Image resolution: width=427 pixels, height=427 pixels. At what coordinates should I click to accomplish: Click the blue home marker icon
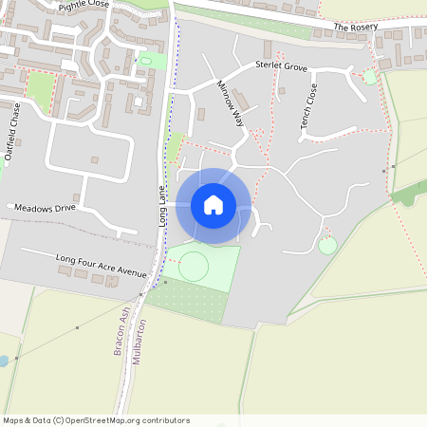(x=213, y=205)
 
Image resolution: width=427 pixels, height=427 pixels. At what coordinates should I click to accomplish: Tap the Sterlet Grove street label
(x=282, y=66)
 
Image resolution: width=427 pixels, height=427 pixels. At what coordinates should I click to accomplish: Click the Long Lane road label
(x=161, y=204)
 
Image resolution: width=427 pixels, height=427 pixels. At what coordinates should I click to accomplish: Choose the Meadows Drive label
(x=45, y=207)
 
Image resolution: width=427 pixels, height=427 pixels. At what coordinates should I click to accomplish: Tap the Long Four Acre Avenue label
(x=101, y=265)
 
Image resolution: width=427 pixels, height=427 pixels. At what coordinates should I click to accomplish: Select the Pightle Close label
(x=84, y=5)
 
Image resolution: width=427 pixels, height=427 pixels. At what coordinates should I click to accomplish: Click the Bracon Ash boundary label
(x=121, y=331)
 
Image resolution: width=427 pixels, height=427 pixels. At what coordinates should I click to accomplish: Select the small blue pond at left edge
(x=3, y=362)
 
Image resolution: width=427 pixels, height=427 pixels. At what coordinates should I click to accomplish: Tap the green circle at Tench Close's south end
(x=327, y=246)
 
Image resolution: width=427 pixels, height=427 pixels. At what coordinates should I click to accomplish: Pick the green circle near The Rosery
(x=369, y=77)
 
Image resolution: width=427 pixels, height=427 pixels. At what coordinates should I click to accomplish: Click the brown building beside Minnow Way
(x=242, y=99)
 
